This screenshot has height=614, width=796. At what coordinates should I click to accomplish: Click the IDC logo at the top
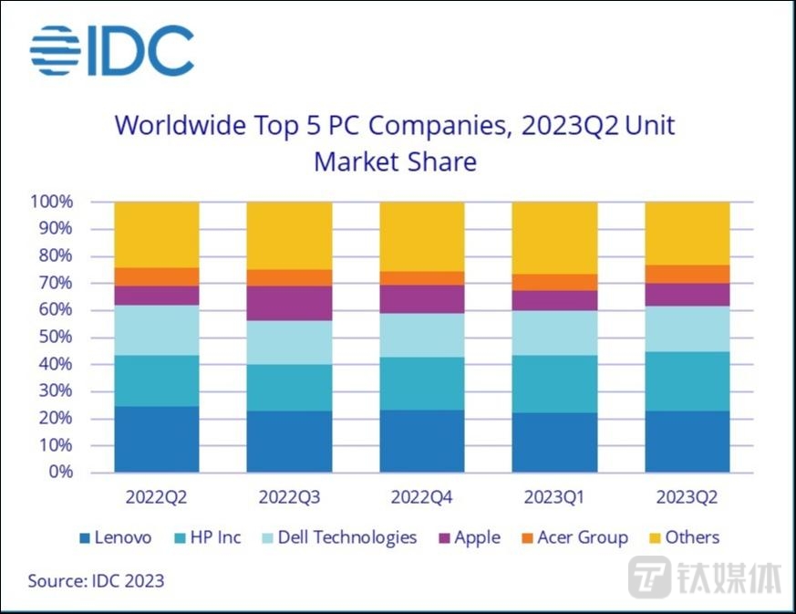(x=111, y=50)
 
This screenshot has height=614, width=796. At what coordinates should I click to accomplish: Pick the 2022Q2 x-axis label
(x=156, y=499)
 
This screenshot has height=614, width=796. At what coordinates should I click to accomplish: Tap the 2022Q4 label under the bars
(x=421, y=499)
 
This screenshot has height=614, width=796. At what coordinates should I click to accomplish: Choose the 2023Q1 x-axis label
(x=554, y=499)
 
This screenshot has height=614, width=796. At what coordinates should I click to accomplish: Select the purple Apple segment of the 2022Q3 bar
(x=289, y=303)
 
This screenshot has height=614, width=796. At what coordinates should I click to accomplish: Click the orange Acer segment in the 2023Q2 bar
(x=687, y=274)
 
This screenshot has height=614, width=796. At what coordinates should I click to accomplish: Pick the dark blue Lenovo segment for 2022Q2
(x=156, y=439)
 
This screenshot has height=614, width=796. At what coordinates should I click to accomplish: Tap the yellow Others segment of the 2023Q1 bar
(x=554, y=237)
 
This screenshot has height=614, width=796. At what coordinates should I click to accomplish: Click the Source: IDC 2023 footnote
(x=96, y=580)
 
